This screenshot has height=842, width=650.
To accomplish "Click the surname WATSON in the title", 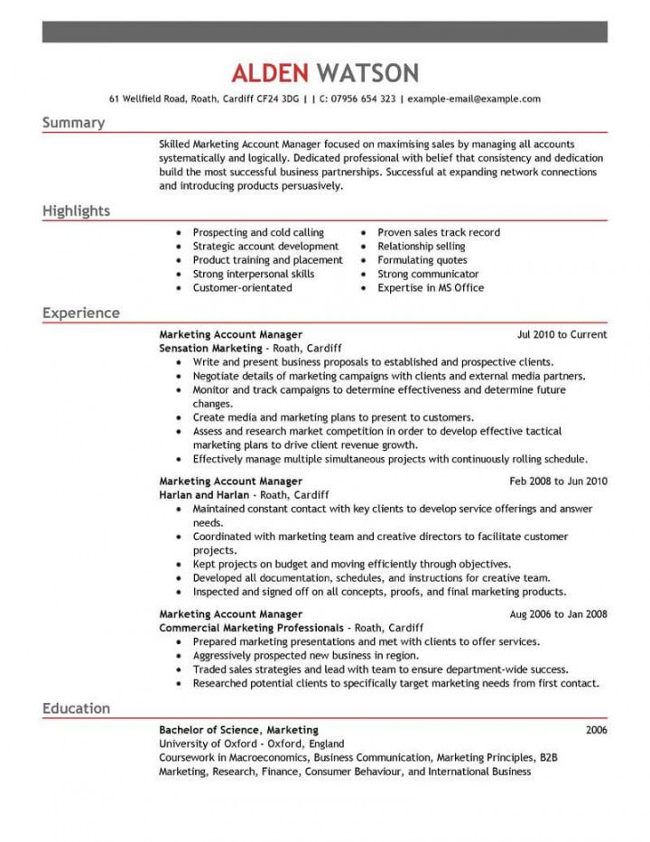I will pyautogui.click(x=367, y=72).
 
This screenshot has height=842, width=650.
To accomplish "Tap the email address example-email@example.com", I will pyautogui.click(x=474, y=98).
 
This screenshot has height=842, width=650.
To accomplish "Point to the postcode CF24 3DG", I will pyautogui.click(x=272, y=98).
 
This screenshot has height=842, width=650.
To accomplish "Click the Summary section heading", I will pyautogui.click(x=73, y=122).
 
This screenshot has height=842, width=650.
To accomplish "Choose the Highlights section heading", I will pyautogui.click(x=76, y=210).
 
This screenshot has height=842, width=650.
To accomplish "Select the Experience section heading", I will pyautogui.click(x=80, y=313).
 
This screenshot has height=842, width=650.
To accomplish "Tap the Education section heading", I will pyautogui.click(x=76, y=707).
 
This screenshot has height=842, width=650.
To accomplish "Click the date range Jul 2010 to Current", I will pyautogui.click(x=562, y=334).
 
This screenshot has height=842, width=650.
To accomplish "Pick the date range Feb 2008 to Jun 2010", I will pyautogui.click(x=559, y=482).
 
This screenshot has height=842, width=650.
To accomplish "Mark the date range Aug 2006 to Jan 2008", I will pyautogui.click(x=559, y=614).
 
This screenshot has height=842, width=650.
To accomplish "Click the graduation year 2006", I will pyautogui.click(x=596, y=729).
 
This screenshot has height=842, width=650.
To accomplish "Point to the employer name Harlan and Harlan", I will pyautogui.click(x=203, y=495).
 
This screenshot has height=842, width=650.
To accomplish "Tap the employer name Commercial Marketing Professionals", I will pyautogui.click(x=251, y=627).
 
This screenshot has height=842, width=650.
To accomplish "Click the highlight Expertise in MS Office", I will pyautogui.click(x=431, y=287).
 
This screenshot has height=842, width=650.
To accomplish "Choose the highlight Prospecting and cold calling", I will pyautogui.click(x=258, y=232).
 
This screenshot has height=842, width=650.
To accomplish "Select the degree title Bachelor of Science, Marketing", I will pyautogui.click(x=238, y=729).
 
